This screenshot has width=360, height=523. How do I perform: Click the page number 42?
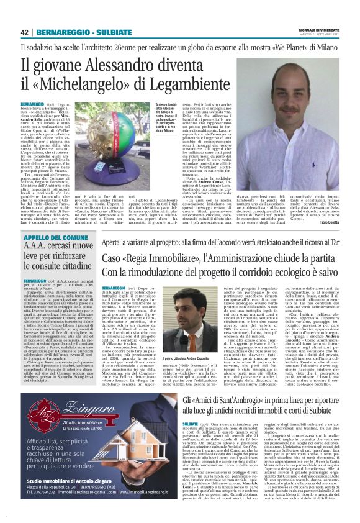(25, 32)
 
